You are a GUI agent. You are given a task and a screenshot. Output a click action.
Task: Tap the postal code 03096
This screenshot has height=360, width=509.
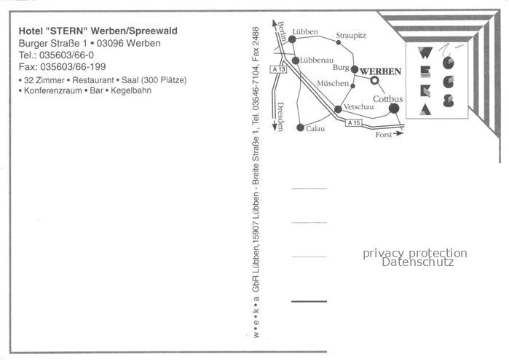(x=111, y=43)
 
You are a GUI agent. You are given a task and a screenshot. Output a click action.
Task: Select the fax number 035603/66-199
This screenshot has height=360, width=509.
(x=73, y=66)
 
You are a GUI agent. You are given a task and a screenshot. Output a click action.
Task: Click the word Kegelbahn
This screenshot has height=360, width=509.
(x=131, y=90)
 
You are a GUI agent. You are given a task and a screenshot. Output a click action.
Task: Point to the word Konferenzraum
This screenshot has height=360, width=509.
(x=53, y=90)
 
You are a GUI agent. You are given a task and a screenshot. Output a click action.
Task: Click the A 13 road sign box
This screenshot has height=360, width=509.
(x=278, y=69)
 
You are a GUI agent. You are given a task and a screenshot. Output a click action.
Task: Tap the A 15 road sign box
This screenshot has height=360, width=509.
(x=353, y=123)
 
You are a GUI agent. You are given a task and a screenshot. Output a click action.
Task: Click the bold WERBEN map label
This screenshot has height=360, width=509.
(x=381, y=71)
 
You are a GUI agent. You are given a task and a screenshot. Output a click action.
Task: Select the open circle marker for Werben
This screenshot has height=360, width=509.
(x=374, y=80)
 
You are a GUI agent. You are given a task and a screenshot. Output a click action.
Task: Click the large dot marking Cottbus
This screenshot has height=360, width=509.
(x=394, y=109)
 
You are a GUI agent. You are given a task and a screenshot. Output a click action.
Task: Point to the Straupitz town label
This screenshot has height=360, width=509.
(x=351, y=36)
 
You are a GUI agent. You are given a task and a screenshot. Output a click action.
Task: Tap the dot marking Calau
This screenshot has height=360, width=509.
(x=300, y=128)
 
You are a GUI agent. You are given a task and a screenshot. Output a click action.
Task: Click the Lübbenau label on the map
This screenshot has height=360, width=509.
(x=317, y=60)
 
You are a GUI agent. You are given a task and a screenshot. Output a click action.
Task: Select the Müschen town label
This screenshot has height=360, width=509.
(x=333, y=83)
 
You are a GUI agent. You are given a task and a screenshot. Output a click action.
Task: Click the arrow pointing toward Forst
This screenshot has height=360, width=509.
(x=398, y=133)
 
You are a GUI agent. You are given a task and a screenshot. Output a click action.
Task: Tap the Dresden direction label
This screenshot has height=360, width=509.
(x=281, y=117)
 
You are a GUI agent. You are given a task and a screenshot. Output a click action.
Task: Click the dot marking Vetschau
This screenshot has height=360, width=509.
(x=338, y=109)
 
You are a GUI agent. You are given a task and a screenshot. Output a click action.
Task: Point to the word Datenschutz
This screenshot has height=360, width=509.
(x=417, y=262)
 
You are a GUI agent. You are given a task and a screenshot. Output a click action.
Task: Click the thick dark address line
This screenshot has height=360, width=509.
(x=309, y=302)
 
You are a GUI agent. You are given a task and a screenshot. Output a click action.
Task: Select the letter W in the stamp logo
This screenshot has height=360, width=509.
(x=425, y=52)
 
